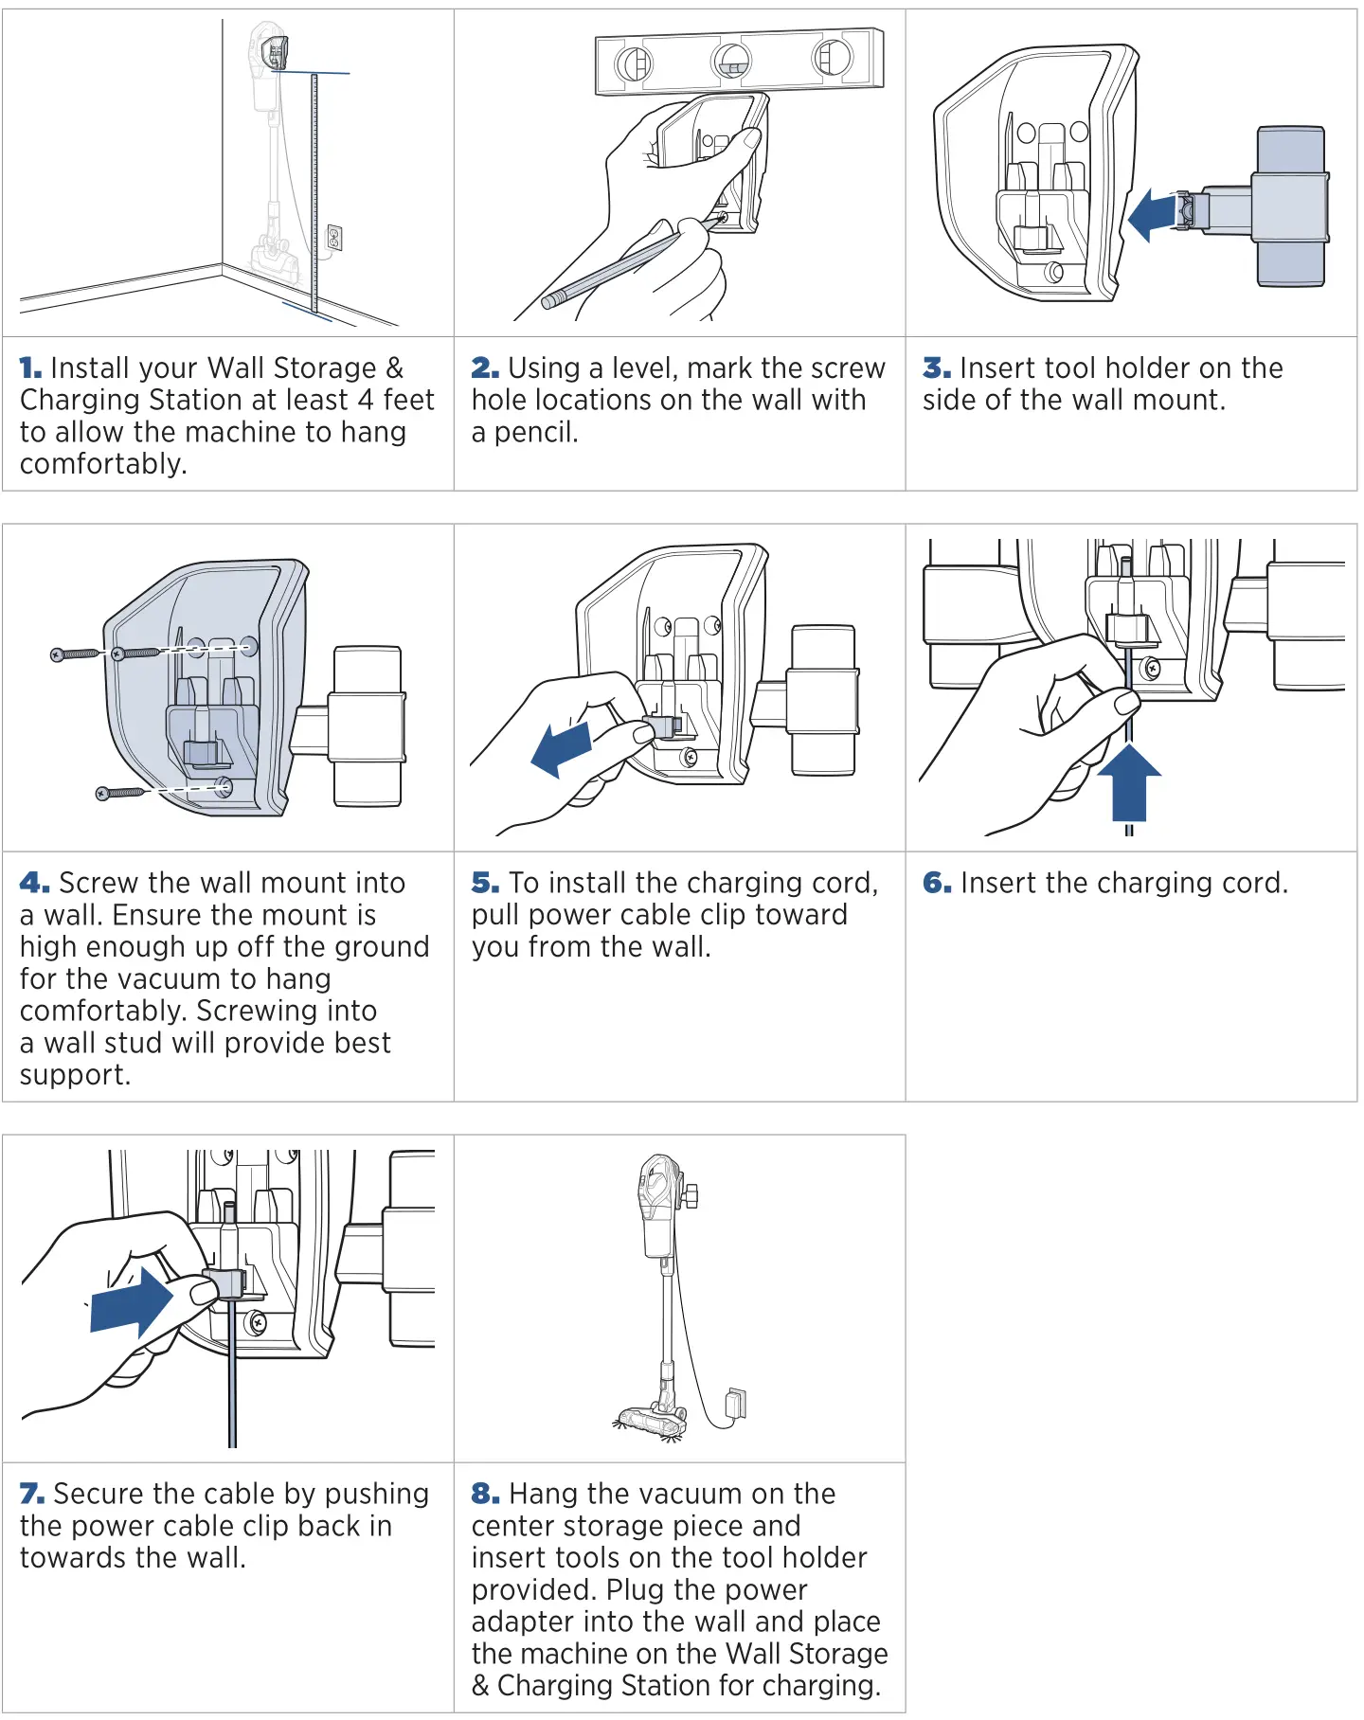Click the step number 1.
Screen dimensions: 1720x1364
tap(30, 368)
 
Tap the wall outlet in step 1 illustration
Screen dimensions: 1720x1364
tap(333, 238)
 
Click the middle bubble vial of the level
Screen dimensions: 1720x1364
tap(731, 63)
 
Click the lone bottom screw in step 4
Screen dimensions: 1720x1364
tap(120, 793)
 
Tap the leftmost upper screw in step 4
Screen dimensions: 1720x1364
tap(76, 654)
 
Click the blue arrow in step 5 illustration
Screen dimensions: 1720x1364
tap(562, 748)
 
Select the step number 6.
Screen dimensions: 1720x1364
tap(937, 884)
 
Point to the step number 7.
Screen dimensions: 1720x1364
tap(31, 1495)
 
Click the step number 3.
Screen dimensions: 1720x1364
tap(936, 368)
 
